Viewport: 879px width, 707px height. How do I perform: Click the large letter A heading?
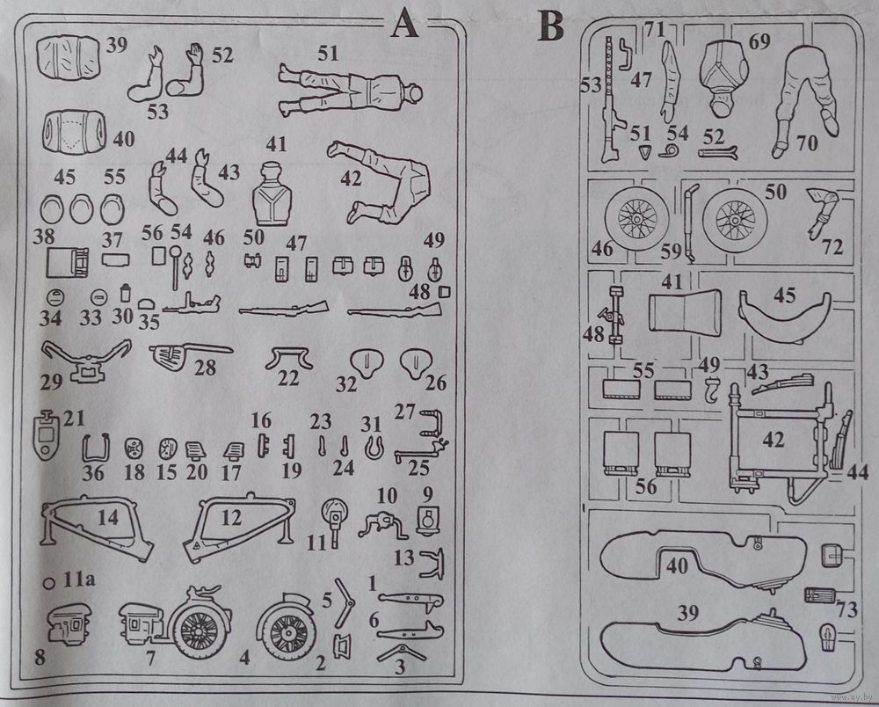pos(404,24)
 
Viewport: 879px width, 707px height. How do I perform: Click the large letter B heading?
pos(551,26)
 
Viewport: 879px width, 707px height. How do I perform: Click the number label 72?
pos(832,248)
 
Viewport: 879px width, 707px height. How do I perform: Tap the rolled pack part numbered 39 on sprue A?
pos(68,56)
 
